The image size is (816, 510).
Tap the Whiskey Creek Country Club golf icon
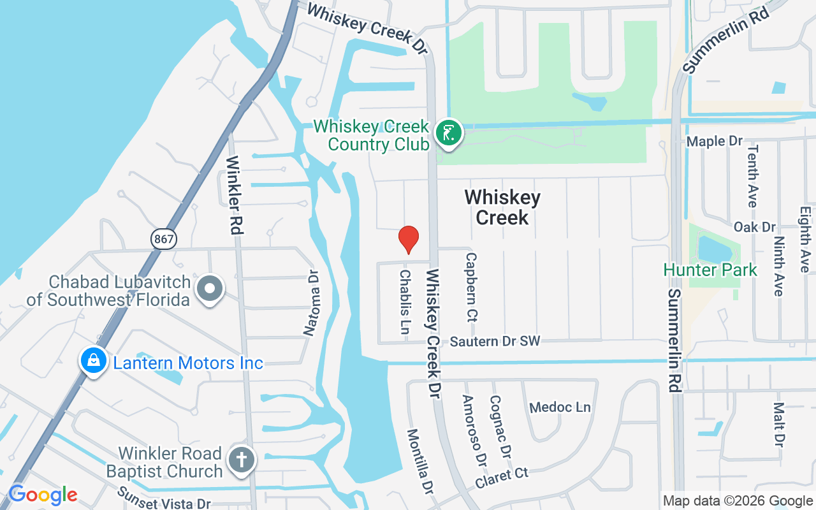tap(449, 133)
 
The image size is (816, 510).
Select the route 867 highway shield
tap(164, 239)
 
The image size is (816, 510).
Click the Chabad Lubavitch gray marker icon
tap(210, 289)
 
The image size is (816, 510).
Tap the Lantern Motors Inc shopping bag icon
tap(94, 361)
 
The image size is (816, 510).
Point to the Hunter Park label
tap(710, 270)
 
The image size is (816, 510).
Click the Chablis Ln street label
tap(404, 302)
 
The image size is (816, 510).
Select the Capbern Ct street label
tap(472, 287)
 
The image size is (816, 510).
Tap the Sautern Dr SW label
tap(495, 342)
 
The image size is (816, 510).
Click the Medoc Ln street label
tap(560, 407)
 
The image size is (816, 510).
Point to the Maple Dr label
tap(715, 141)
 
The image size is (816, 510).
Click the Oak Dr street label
tap(754, 227)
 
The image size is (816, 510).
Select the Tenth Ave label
tap(752, 175)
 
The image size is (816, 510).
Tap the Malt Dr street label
tap(778, 424)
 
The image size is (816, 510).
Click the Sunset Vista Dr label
tap(164, 499)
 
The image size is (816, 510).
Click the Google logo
tap(43, 495)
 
